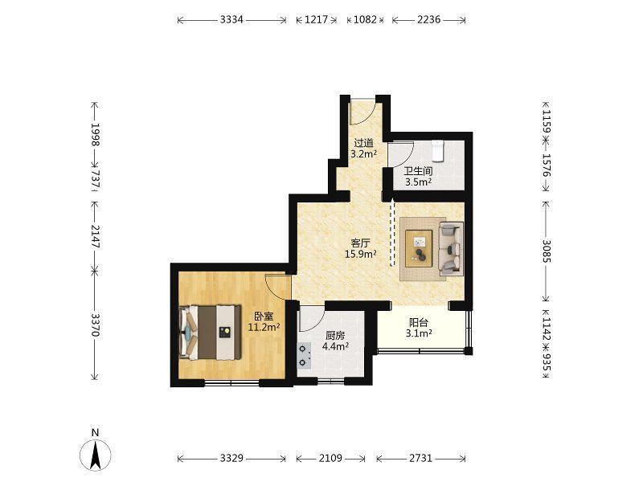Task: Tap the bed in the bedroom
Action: coord(210,332)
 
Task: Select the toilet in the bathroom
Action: coord(438,150)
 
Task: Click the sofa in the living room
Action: coord(451,249)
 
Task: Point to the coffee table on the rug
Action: coord(419,249)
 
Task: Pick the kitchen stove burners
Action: coord(304,356)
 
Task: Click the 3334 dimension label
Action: coord(231,19)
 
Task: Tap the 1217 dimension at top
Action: coord(316,19)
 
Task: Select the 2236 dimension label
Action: coord(429,19)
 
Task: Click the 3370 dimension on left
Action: coord(95,325)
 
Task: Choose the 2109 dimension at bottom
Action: coord(330,458)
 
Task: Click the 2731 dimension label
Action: coord(420,458)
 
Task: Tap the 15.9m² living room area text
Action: coord(361,254)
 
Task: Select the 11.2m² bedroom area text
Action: coord(264,327)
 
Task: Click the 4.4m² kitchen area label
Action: coord(335,346)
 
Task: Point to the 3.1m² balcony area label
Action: coord(419,333)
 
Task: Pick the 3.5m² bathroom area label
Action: coord(418,182)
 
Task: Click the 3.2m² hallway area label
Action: coord(364,154)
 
